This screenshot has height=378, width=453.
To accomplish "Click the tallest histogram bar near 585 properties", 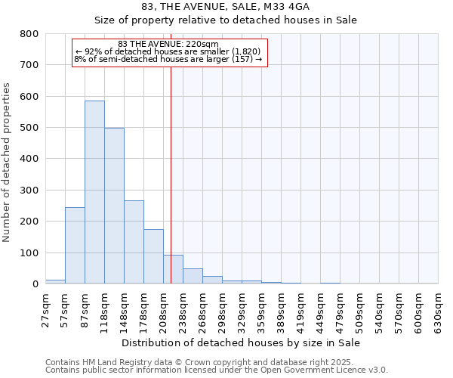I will click(94, 193).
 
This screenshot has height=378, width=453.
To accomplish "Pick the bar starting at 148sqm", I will click(134, 242).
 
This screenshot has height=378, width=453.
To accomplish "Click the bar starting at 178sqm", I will click(153, 257).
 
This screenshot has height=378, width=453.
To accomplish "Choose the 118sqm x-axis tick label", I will click(105, 311).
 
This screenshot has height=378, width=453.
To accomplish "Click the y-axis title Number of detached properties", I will click(8, 159).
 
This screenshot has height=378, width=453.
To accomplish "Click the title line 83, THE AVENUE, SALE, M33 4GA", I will click(226, 7).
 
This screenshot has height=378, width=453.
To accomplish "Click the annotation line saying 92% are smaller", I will click(169, 51).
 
